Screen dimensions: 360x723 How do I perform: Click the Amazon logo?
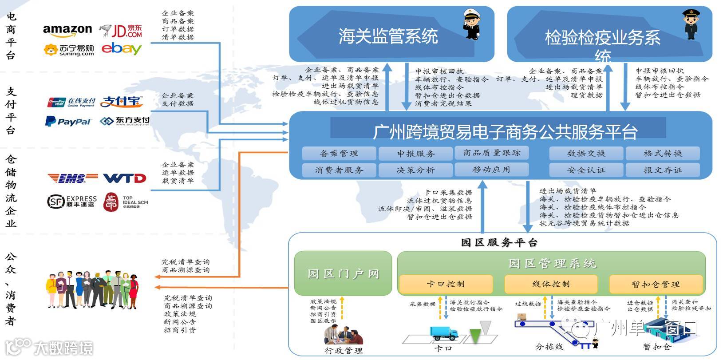coord(67,31)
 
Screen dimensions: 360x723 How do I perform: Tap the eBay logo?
coord(121,48)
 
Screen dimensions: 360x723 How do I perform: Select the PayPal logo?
coord(68,121)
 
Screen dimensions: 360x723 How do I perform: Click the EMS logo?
coord(73,178)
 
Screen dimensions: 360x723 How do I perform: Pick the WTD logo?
coord(125,178)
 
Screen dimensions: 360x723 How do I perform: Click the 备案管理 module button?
coord(339,154)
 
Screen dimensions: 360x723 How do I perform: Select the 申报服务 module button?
coord(415,154)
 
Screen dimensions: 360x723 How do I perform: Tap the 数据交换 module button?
coord(586,154)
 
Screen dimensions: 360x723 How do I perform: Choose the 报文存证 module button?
coord(663,170)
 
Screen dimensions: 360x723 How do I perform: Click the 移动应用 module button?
coord(491,170)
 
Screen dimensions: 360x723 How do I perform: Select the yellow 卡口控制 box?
coord(446,284)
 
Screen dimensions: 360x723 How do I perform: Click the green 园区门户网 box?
coord(343,273)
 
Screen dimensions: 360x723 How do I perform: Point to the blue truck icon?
coord(444,332)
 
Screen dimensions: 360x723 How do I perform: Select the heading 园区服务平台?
coord(499,242)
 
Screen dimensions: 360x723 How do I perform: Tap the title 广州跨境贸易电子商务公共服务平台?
coord(505,131)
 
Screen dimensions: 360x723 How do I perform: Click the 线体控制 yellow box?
coord(551,284)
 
